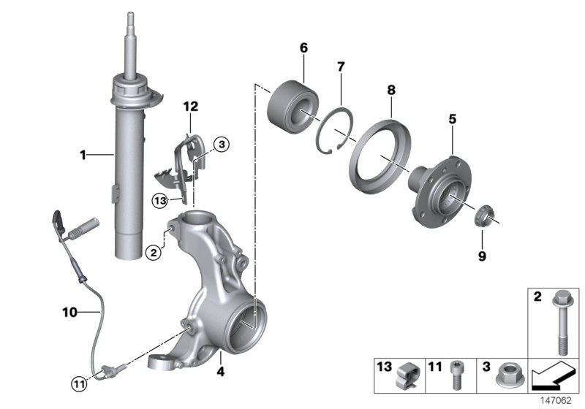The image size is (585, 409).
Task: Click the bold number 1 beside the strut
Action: pos(83,155)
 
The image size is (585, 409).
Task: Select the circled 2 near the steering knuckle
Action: pos(153,253)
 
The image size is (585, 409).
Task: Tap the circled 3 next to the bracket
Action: pos(222,145)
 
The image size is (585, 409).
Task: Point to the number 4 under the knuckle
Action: pos(220,372)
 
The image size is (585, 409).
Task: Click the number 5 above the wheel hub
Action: pos(453,118)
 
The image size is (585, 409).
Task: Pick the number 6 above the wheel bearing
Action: pos(303,48)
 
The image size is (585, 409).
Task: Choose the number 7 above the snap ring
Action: pos(339,67)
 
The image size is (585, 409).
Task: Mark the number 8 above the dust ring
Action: pos(391,90)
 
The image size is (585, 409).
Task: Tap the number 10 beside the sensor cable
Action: pos(69,313)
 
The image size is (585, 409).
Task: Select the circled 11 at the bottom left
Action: pos(78,381)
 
